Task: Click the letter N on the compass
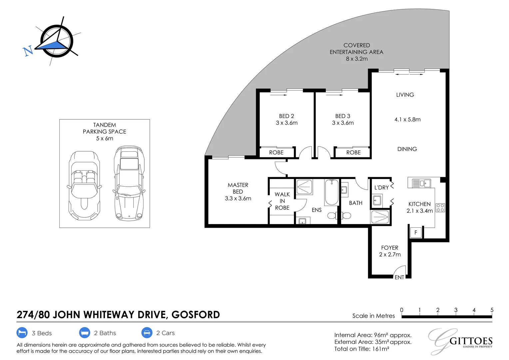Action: tap(28, 51)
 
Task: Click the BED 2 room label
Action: tap(286, 116)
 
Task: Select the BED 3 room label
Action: tap(343, 116)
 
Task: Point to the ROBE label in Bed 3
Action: tap(353, 153)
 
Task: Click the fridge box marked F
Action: tap(416, 233)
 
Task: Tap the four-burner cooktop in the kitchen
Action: tap(440, 208)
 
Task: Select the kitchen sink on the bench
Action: tap(421, 183)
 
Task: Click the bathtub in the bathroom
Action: tap(331, 192)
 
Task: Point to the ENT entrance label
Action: tap(399, 277)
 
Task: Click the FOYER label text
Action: tap(389, 248)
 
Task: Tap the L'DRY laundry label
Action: tap(381, 188)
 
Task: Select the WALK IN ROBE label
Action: tap(282, 201)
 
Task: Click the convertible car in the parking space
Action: tap(85, 185)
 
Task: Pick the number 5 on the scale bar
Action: tap(492, 310)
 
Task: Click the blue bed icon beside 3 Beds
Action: tap(22, 333)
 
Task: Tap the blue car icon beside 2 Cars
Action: tap(147, 333)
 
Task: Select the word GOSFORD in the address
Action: tap(196, 315)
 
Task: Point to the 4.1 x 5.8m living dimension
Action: tap(407, 119)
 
